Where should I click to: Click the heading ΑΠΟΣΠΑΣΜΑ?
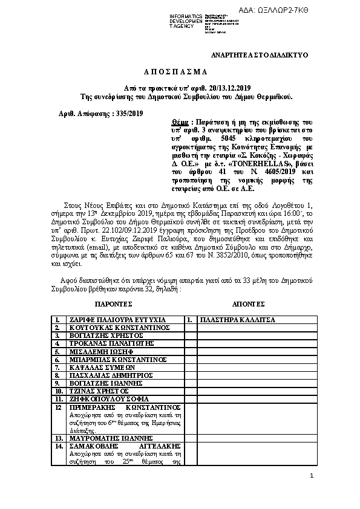180,71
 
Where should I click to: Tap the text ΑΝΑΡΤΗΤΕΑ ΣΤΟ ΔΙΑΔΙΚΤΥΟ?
259,55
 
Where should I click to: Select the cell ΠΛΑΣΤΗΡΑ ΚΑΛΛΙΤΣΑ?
237,319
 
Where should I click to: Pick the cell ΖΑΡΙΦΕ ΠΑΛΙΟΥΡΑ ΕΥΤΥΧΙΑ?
110,319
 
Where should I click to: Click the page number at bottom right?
311,476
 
